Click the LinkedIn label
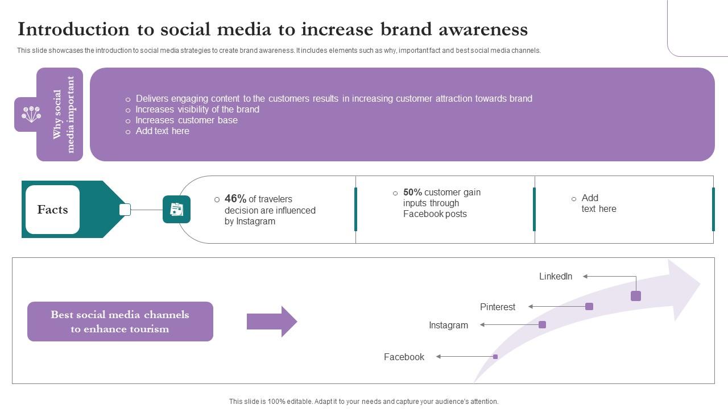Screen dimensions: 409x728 coord(555,277)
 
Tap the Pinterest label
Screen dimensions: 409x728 coord(497,307)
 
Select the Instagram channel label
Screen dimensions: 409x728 coord(448,325)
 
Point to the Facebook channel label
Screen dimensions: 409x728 coord(404,357)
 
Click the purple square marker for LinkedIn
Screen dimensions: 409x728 coord(636,296)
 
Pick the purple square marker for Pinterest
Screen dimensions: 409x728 coord(589,307)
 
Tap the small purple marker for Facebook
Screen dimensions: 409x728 coord(495,357)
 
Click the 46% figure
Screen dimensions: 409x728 coord(235,199)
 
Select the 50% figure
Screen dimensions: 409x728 coord(412,193)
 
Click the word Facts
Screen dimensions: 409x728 coord(52,210)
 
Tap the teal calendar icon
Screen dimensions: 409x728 coord(176,210)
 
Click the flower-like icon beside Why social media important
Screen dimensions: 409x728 coord(31,114)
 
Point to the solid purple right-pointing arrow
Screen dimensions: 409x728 coord(271,322)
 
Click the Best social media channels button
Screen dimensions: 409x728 coord(120,322)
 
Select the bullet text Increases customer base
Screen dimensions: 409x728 coord(186,120)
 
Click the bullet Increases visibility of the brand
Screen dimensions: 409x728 coord(197,110)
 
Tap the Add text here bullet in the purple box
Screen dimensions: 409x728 coord(162,131)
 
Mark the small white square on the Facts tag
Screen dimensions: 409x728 coord(125,210)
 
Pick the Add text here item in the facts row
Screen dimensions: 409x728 coord(598,203)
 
